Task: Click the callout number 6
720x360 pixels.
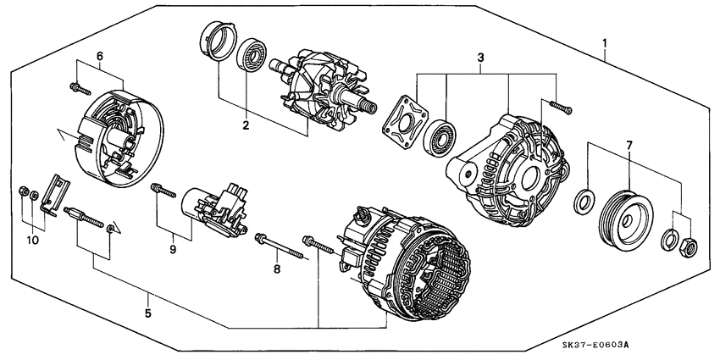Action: pos(99,56)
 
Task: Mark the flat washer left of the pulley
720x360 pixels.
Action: pos(584,202)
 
